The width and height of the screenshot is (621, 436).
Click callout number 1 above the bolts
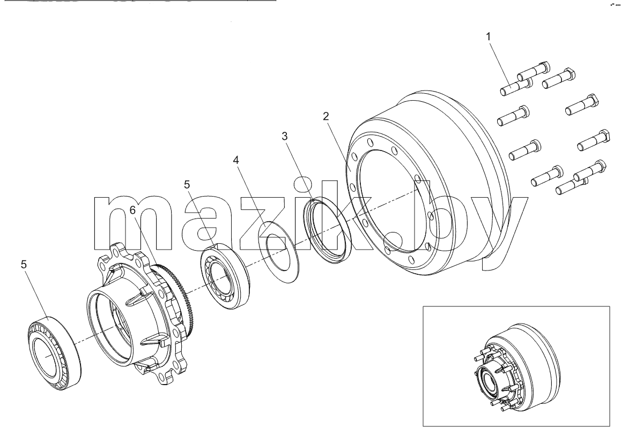pos(489,36)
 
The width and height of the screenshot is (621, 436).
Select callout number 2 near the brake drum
pos(326,116)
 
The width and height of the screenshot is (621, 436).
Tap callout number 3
pos(284,136)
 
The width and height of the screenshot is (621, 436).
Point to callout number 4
pos(236,160)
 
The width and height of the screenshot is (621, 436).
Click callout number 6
pos(132,210)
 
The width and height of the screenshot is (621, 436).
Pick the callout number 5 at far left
pos(24,264)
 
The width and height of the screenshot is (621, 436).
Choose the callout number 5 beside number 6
pos(187,184)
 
